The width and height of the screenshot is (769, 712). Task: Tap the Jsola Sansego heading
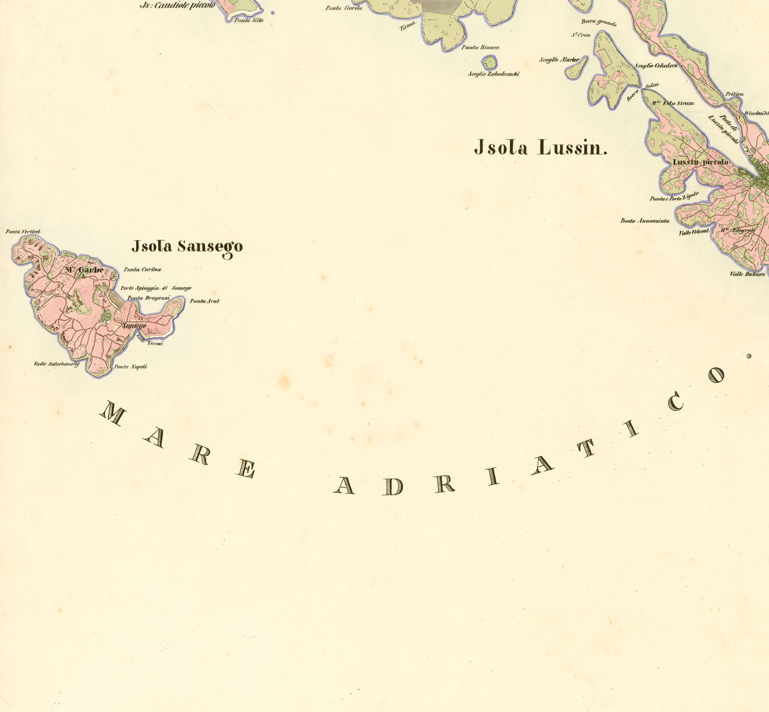tap(187, 246)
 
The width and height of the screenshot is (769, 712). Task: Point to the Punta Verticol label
tap(23, 231)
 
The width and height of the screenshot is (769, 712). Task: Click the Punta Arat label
tap(205, 301)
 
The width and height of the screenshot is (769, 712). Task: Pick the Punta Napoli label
tap(131, 367)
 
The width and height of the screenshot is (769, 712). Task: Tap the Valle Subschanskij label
tap(56, 364)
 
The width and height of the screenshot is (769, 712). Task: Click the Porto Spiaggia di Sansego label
tap(156, 288)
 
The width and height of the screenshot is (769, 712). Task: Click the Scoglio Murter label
tap(559, 60)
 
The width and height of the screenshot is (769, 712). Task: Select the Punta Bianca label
tap(481, 47)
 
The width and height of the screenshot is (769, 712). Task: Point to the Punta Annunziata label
tap(645, 221)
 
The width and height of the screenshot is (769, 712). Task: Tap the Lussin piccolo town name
tap(701, 162)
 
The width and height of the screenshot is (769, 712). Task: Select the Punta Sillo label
tap(249, 20)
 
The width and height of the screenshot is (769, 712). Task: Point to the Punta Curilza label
tap(142, 270)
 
